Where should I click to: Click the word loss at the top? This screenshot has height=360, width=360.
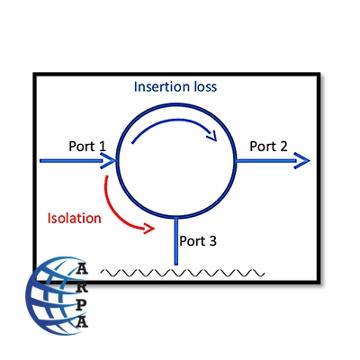point(205,86)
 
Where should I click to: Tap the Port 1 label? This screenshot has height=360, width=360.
point(87,147)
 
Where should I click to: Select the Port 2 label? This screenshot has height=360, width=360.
point(268,147)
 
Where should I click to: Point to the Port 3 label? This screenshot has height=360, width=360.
point(198,241)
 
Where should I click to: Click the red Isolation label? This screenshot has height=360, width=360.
point(75,218)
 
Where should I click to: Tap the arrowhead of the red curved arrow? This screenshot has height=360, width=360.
point(149,229)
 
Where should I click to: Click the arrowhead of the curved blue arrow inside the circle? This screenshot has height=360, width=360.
point(211,135)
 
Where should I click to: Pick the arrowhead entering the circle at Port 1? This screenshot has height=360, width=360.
point(109,160)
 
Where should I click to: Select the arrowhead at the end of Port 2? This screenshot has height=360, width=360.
point(301,160)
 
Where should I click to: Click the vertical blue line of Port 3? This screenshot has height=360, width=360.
point(176,241)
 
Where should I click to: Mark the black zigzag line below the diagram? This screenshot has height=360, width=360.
point(183,273)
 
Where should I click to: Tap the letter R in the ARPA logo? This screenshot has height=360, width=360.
point(82,287)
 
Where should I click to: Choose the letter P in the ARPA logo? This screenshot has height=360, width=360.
point(82,304)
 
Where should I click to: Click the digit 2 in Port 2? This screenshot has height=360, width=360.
point(283,147)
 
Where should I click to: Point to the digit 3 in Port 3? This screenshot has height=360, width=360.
point(212,241)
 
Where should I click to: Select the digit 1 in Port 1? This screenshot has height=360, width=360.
point(103,147)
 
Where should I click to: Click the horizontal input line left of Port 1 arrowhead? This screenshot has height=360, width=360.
point(71,161)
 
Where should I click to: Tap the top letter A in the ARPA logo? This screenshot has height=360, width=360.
point(82,268)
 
